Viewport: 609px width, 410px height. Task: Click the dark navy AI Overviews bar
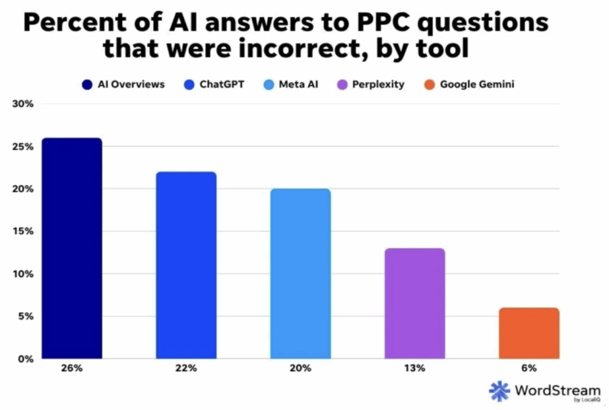coord(72,248)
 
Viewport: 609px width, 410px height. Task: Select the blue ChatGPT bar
coord(186,265)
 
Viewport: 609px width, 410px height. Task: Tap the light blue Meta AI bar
coord(300,274)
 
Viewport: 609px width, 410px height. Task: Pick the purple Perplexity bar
coord(415,303)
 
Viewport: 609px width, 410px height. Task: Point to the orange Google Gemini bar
coord(529,333)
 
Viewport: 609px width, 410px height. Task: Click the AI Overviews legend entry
coord(123,84)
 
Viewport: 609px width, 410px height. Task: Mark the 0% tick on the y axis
coord(24,359)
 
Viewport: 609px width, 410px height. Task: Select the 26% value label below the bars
coord(71,368)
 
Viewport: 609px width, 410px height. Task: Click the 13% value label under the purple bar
coord(415,368)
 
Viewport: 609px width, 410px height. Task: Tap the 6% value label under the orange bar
coord(529,368)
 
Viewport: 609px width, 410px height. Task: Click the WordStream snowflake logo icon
coord(500,391)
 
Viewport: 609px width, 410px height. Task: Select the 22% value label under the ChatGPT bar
coord(186,368)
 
